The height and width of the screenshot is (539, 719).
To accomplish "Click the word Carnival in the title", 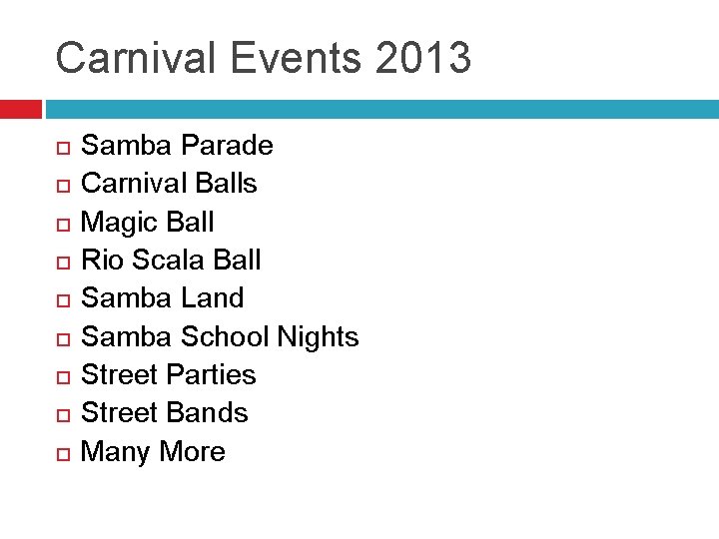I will [x=137, y=58].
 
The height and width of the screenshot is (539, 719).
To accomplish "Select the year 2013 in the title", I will [x=423, y=58].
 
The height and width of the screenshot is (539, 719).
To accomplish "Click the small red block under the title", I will [x=20, y=109].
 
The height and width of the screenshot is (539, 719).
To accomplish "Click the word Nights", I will [x=318, y=336].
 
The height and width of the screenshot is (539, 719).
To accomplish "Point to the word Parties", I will [x=211, y=374].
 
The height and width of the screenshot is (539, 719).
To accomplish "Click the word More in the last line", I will [x=193, y=451].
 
